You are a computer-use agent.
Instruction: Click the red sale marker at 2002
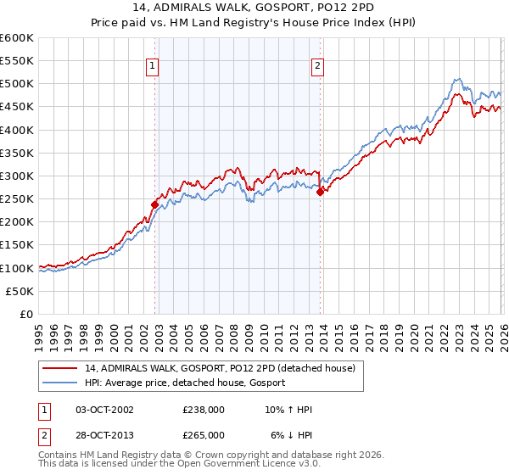coord(154,204)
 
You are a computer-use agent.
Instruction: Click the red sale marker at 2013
coord(320,192)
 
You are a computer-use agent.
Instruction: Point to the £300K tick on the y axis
coord(18,176)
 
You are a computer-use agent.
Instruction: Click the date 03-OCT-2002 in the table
coord(104,410)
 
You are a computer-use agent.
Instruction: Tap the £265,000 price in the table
coord(204,434)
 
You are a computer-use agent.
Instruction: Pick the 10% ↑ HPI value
coord(288,410)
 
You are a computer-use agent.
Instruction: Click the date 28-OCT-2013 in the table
coord(104,434)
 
